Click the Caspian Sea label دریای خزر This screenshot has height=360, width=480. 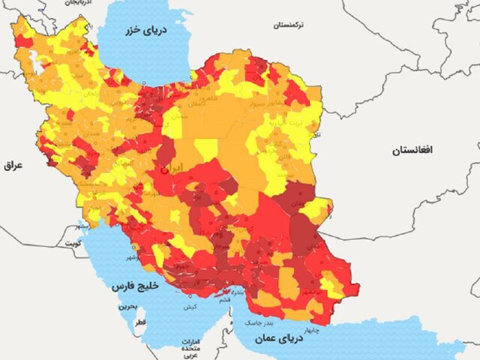point(142,31)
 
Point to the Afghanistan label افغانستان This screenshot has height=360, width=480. point(412,151)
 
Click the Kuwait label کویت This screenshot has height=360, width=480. point(72,244)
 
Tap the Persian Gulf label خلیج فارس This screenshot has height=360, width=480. point(132,286)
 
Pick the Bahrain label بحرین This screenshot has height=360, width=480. point(127,307)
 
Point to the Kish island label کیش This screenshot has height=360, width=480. point(191,307)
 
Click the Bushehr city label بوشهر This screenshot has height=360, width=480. point(132,257)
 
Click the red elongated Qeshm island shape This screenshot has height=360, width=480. point(223,296)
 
